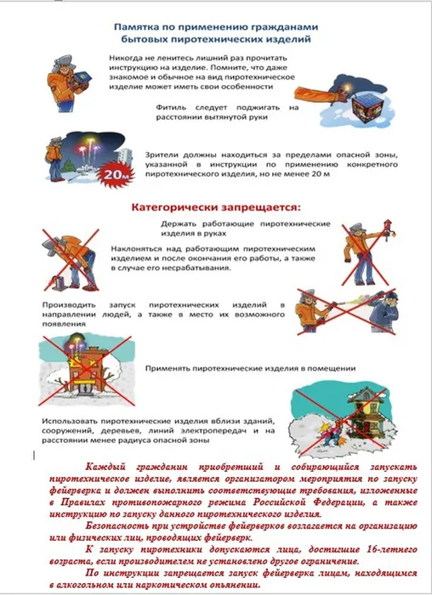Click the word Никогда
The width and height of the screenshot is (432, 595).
[x=127, y=55]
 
